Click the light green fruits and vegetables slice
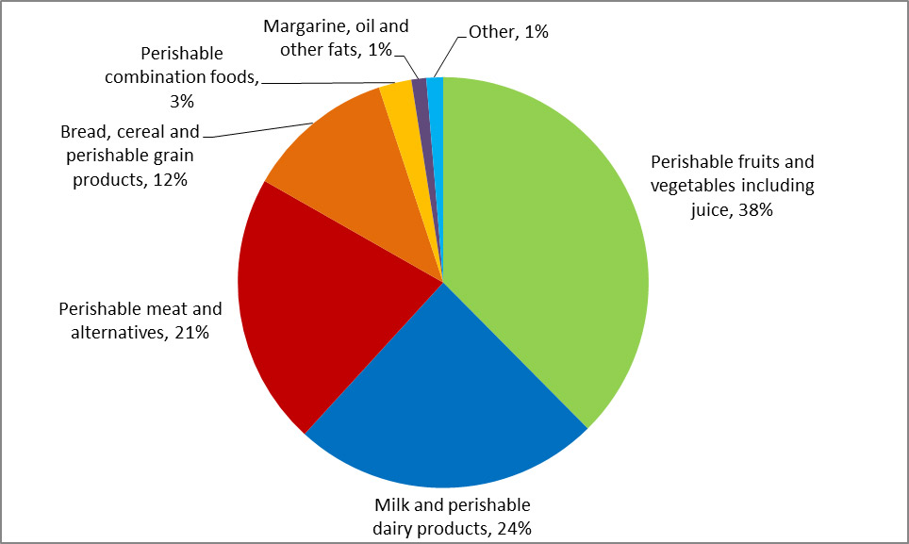[547, 245]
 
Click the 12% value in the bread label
[169, 179]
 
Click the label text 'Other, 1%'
[508, 31]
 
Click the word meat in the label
[157, 309]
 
